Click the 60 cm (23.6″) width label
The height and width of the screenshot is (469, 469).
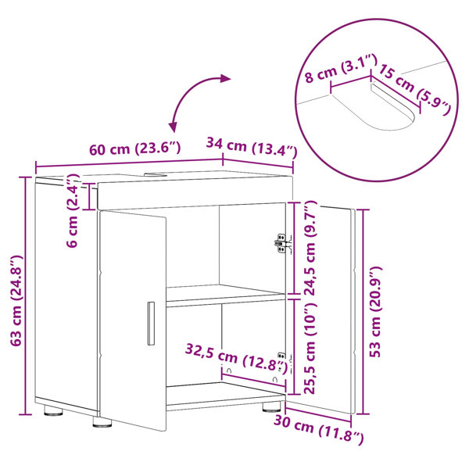(x=135, y=149)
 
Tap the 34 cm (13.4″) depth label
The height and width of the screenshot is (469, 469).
(x=252, y=147)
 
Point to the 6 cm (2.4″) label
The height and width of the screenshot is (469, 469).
(x=72, y=210)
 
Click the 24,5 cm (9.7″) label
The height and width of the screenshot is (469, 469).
(x=310, y=249)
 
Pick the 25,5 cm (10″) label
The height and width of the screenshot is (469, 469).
(x=310, y=348)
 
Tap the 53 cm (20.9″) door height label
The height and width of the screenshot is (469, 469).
(x=374, y=311)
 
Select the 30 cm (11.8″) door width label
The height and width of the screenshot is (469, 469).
(x=319, y=429)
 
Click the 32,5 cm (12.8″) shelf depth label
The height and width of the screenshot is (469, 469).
(x=236, y=357)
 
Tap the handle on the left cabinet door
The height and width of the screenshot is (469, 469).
(x=151, y=324)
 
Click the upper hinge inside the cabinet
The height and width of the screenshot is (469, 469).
(x=282, y=243)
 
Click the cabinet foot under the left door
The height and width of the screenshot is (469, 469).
(x=102, y=422)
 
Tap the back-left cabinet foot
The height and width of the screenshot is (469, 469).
(x=53, y=410)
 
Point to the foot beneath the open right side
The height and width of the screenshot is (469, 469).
(x=271, y=407)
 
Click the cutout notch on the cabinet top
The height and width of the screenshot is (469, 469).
(x=156, y=174)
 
